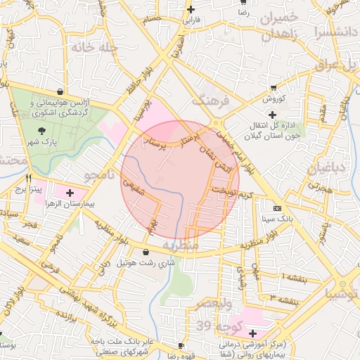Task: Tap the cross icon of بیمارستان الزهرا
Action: point(70,192)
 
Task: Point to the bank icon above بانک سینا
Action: point(277,208)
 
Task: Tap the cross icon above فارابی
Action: point(191,9)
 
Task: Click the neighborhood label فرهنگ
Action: point(215,101)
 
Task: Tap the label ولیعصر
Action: point(214,303)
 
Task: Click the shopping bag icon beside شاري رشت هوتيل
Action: point(146,252)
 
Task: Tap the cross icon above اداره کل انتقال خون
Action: point(272,114)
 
